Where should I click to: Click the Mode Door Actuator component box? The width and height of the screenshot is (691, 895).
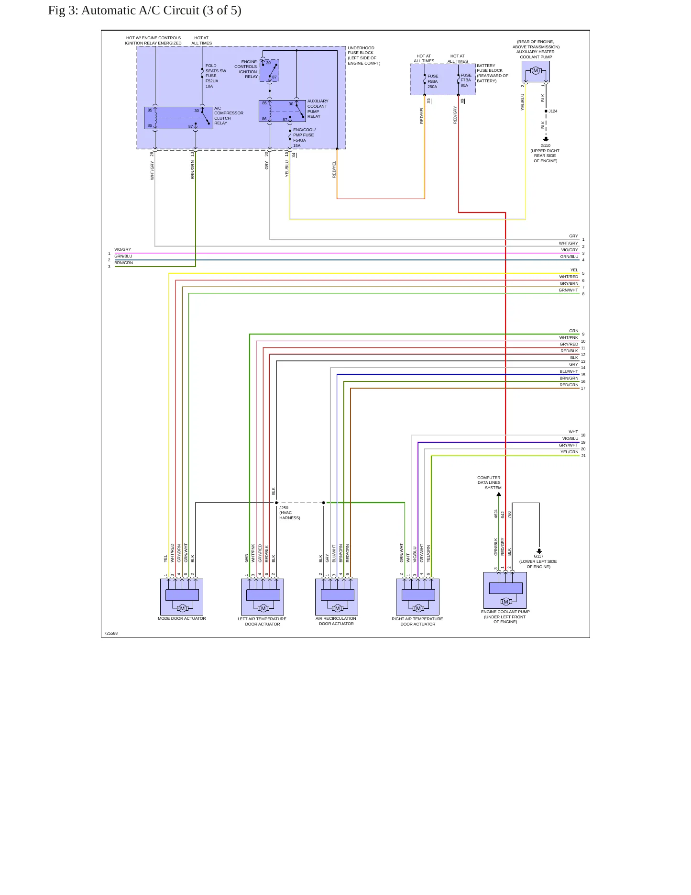[x=182, y=597]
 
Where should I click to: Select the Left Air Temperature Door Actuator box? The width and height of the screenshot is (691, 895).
[x=263, y=597]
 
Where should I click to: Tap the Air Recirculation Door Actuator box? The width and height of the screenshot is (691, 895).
[x=337, y=597]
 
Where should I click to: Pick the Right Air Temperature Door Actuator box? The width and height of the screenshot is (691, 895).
[x=417, y=597]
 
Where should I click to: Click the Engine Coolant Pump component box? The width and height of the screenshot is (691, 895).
[x=505, y=590]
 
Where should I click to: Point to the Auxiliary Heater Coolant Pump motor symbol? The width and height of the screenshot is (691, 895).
[x=536, y=71]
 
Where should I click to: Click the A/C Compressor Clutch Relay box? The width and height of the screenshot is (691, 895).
[x=178, y=118]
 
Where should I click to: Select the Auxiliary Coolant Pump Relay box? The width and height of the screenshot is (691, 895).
[x=282, y=111]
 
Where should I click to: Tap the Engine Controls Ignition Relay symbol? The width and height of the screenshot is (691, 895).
[x=269, y=70]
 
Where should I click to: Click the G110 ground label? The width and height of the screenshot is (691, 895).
[x=546, y=145]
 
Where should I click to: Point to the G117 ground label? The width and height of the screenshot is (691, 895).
[x=538, y=556]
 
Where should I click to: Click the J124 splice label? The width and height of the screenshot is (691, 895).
[x=553, y=111]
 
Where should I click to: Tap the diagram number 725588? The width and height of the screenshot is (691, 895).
[x=111, y=633]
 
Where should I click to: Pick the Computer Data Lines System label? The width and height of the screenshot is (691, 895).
[x=489, y=482]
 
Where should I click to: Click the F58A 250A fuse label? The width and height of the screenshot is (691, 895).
[x=433, y=81]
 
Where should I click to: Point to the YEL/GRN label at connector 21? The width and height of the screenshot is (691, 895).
[x=570, y=452]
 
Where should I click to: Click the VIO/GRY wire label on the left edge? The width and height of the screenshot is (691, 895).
[x=122, y=249]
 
